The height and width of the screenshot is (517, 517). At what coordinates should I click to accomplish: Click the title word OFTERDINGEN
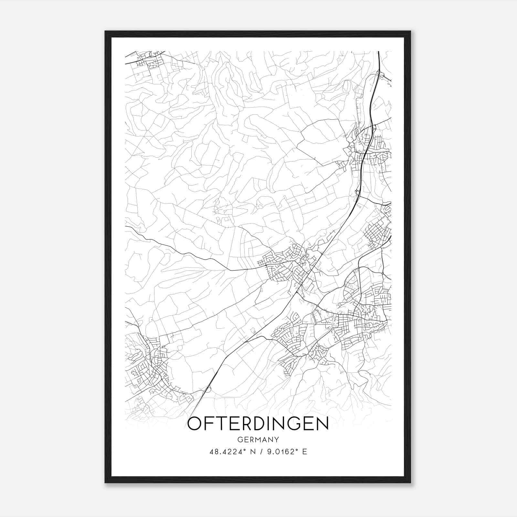[258, 424]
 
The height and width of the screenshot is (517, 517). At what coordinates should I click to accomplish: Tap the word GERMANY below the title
[258, 439]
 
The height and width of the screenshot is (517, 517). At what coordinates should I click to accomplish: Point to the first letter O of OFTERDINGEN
[195, 424]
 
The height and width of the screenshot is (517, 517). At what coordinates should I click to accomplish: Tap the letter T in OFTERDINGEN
[221, 424]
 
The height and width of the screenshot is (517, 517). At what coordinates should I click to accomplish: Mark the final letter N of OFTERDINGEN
[322, 424]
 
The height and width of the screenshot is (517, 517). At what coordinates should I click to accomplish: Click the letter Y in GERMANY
[276, 439]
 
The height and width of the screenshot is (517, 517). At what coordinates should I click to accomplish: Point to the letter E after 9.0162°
[304, 452]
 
